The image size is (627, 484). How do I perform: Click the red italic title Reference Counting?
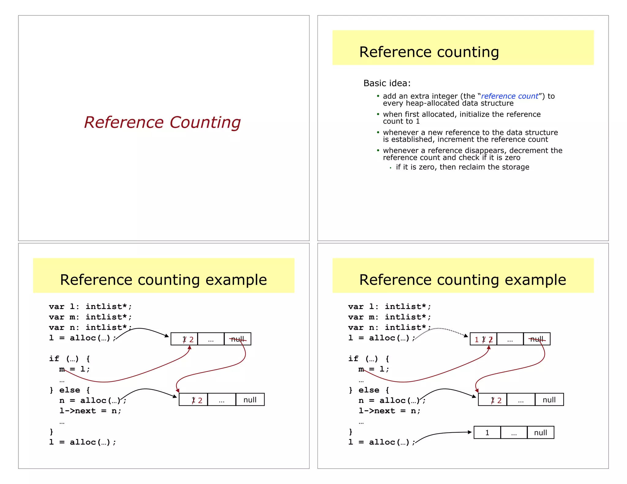162,122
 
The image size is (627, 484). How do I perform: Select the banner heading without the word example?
429,52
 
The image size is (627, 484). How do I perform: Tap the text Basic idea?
387,83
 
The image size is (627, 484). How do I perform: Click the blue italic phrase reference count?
509,96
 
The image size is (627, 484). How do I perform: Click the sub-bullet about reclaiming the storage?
462,167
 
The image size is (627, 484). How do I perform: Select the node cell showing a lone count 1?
487,433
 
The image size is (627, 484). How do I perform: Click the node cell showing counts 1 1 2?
483,339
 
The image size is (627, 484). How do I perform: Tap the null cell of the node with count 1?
540,433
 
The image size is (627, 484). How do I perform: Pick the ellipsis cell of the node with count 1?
514,433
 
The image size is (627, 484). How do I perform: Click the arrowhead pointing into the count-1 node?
470,432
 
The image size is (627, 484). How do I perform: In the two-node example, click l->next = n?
90,411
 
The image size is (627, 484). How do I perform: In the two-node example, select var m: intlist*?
90,317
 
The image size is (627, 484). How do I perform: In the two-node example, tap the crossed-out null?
238,339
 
